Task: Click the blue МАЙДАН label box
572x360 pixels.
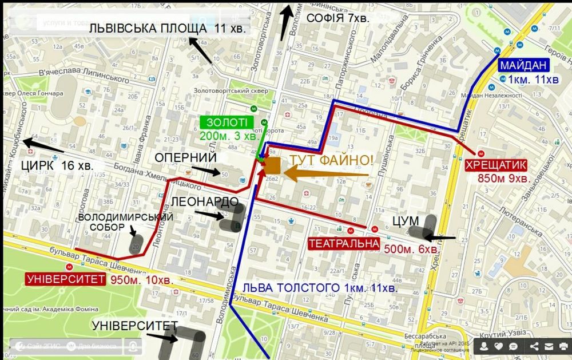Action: click(x=523, y=65)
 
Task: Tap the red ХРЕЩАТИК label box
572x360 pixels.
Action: click(x=495, y=165)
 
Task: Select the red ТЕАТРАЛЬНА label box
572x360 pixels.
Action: click(x=344, y=244)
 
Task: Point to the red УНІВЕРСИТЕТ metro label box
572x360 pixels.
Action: click(x=66, y=279)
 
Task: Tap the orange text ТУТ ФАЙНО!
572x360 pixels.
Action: click(x=331, y=160)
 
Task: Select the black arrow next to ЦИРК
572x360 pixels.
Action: click(x=42, y=145)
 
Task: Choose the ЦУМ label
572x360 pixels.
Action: click(x=406, y=221)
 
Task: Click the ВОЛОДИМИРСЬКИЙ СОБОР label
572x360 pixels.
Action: click(x=126, y=222)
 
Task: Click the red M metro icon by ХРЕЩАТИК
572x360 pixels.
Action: click(x=482, y=153)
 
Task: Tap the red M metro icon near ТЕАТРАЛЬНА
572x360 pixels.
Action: click(x=374, y=229)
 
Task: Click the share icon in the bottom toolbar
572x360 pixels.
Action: click(x=534, y=346)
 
